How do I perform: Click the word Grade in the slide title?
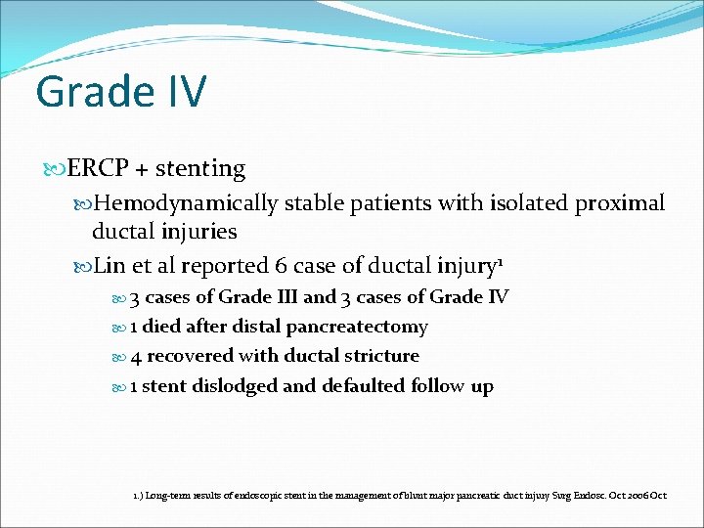87,93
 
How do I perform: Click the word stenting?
201,169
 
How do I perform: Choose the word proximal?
621,203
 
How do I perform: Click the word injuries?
199,232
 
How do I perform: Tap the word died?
161,327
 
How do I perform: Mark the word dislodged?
234,386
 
